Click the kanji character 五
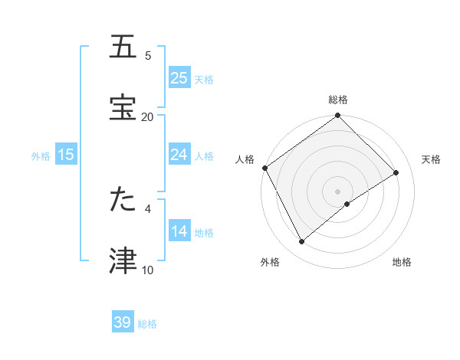(123, 47)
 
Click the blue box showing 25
(179, 77)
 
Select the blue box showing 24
(179, 155)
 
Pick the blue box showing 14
(179, 231)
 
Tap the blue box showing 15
(66, 155)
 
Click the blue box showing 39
(123, 322)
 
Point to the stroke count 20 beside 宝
(147, 116)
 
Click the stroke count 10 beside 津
(147, 270)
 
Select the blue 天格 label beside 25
(204, 79)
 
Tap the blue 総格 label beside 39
(147, 324)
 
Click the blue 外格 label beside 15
(41, 156)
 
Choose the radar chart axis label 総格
(338, 100)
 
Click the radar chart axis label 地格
(402, 263)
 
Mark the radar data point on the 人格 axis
(264, 168)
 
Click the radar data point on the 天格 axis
(396, 172)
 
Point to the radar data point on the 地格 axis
(347, 204)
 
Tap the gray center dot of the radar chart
(338, 191)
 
